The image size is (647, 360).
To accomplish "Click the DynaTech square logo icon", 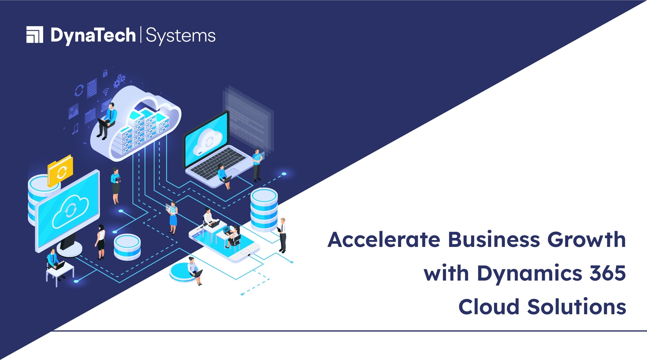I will (35, 35).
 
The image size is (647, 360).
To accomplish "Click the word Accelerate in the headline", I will (384, 240).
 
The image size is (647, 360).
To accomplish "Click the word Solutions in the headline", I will (577, 307).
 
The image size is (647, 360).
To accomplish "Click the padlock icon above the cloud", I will (105, 73).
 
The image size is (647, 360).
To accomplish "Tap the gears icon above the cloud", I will (119, 81).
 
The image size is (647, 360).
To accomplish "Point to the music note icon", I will (75, 129).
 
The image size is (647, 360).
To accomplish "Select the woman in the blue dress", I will (173, 218).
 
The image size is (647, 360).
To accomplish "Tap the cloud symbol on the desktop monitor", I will (70, 211).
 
